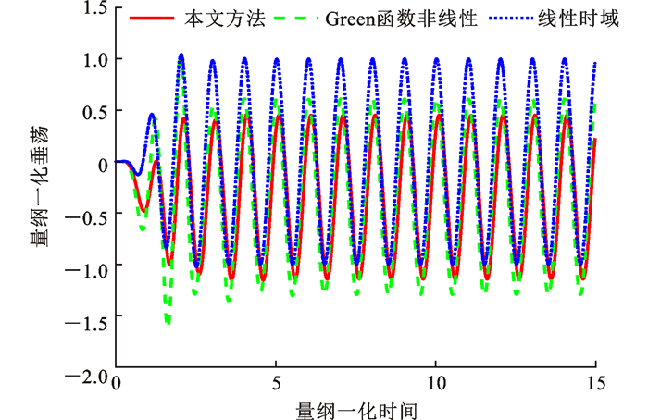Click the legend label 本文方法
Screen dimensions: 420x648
coord(212,19)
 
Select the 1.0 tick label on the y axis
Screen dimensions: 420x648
coord(92,59)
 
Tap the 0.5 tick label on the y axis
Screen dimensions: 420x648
coord(92,111)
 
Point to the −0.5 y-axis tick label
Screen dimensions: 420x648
coord(87,216)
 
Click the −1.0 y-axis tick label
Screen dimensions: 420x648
coord(87,269)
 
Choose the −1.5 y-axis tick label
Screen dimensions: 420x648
coord(87,321)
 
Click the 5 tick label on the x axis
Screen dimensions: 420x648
coord(276,382)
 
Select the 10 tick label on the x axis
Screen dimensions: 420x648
coord(436,382)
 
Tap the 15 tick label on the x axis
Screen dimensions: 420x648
coord(596,382)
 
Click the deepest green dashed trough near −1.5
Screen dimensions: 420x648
coord(168,322)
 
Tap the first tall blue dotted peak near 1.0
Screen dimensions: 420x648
coord(181,56)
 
